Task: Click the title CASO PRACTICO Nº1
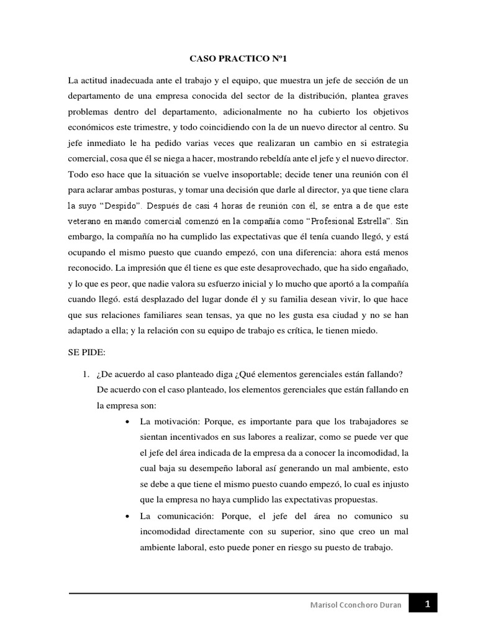pyautogui.click(x=238, y=59)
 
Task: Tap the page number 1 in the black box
pyautogui.click(x=427, y=603)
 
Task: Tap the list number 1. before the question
pyautogui.click(x=87, y=373)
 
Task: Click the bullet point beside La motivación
pyautogui.click(x=127, y=422)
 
